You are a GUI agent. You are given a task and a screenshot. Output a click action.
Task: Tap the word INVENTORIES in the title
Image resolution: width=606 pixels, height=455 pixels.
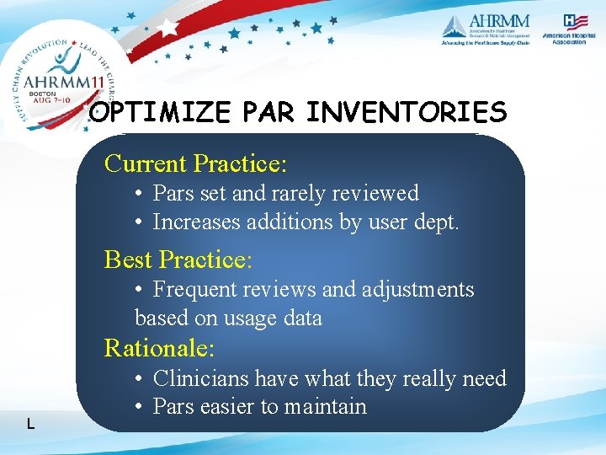(407, 113)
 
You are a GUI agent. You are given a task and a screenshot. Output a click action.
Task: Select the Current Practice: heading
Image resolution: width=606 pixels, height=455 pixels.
(195, 162)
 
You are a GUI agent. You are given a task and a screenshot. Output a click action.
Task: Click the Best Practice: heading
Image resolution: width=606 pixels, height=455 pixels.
(178, 259)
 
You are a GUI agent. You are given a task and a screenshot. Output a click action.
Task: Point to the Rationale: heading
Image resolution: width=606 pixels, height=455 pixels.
(159, 347)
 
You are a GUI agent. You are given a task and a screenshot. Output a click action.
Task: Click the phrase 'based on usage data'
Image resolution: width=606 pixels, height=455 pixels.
(228, 318)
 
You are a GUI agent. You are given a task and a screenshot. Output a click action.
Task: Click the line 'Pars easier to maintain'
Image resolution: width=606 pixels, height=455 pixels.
(259, 407)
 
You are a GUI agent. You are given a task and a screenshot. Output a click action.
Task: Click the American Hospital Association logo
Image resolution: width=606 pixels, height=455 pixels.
(575, 29)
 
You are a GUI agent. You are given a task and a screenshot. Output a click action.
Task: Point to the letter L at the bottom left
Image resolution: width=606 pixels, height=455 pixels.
(30, 423)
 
